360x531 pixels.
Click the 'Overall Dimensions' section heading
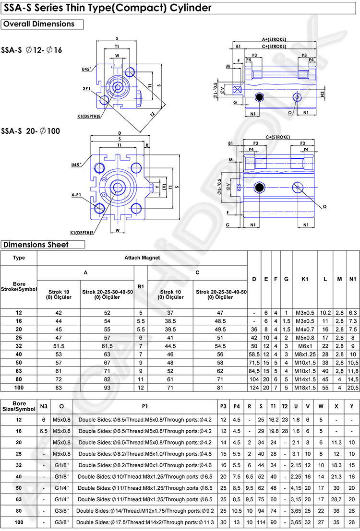[39, 24]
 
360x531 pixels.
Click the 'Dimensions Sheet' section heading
[36, 245]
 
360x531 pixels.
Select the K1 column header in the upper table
[304, 279]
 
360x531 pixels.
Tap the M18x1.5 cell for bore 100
[305, 388]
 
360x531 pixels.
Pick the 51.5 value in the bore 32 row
[59, 346]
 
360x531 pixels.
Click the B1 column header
[141, 286]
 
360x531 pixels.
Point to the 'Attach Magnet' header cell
[142, 258]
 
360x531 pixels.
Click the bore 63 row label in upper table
[19, 371]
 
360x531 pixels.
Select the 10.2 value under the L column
[325, 313]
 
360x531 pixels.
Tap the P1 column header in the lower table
[145, 406]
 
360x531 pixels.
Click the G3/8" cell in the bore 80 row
[61, 511]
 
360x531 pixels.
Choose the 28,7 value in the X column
[336, 499]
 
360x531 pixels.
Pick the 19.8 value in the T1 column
[273, 431]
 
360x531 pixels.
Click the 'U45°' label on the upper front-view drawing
[86, 69]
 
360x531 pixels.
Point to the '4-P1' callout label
[76, 195]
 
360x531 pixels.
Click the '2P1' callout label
[86, 89]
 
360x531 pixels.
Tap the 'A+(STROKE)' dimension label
[274, 39]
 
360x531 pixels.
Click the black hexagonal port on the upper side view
[260, 97]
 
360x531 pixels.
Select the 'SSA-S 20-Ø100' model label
[31, 131]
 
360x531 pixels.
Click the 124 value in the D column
[254, 388]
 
